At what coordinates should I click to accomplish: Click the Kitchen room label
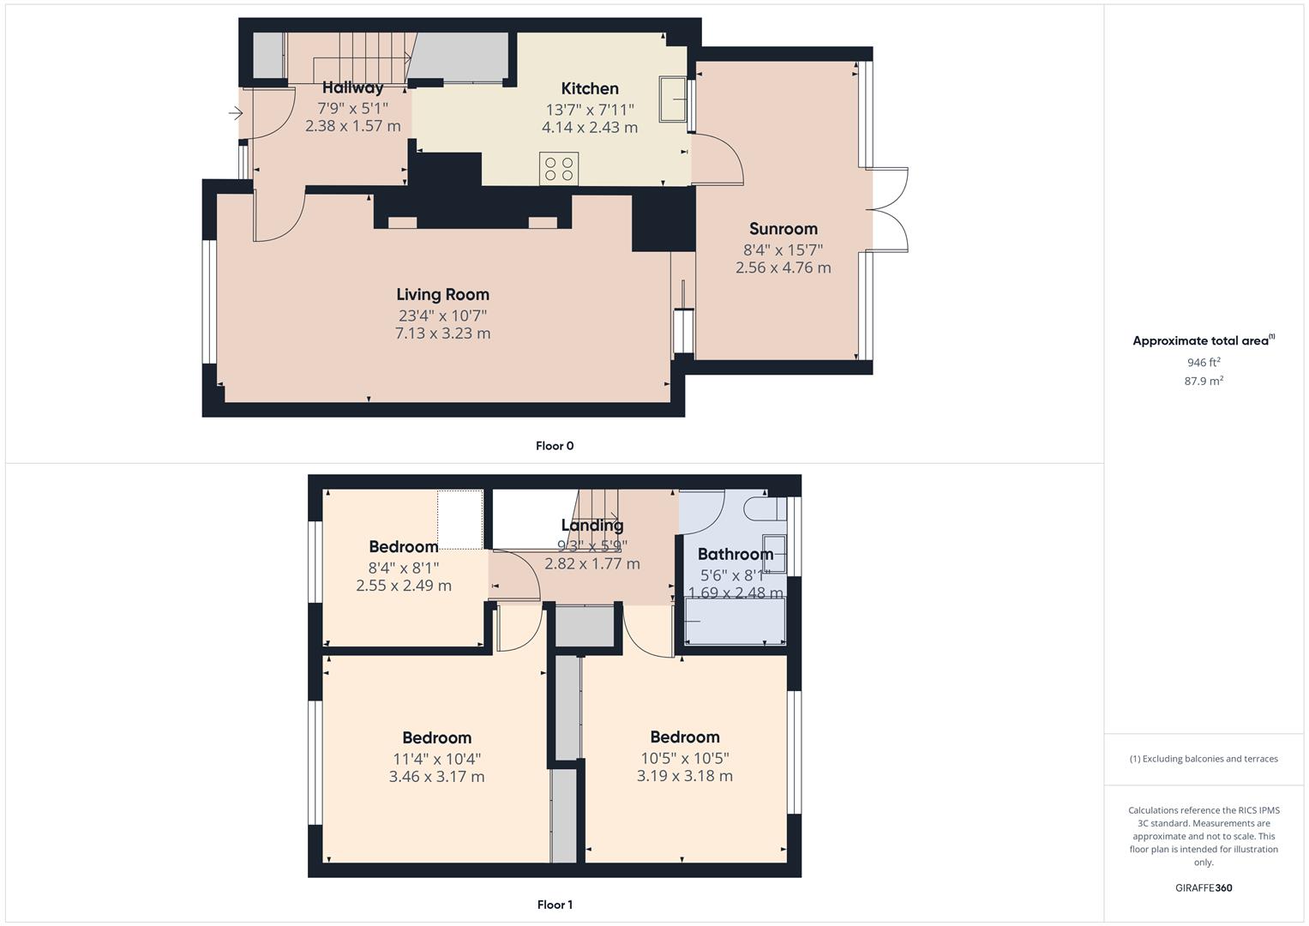pyautogui.click(x=590, y=88)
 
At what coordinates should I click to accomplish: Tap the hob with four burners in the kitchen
pyautogui.click(x=558, y=168)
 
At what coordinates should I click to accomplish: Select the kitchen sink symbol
pyautogui.click(x=672, y=98)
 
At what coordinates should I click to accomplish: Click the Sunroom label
pyautogui.click(x=783, y=229)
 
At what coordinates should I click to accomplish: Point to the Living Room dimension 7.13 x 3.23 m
pyautogui.click(x=442, y=334)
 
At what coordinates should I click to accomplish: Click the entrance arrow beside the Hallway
pyautogui.click(x=236, y=112)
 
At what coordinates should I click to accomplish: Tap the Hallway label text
pyautogui.click(x=352, y=87)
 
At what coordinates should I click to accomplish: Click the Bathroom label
pyautogui.click(x=735, y=554)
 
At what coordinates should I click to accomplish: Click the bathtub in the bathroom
pyautogui.click(x=735, y=620)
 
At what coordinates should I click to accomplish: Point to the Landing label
pyautogui.click(x=592, y=525)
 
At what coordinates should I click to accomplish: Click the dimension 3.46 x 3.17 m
pyautogui.click(x=436, y=777)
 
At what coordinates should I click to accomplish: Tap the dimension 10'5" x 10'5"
pyautogui.click(x=684, y=758)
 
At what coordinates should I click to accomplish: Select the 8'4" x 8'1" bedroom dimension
pyautogui.click(x=403, y=568)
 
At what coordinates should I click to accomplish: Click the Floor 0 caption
pyautogui.click(x=555, y=446)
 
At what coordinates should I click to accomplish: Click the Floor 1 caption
pyautogui.click(x=555, y=905)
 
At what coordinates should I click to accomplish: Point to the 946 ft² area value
pyautogui.click(x=1204, y=363)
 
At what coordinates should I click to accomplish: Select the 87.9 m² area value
pyautogui.click(x=1204, y=382)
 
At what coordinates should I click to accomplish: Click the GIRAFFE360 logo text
pyautogui.click(x=1204, y=888)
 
